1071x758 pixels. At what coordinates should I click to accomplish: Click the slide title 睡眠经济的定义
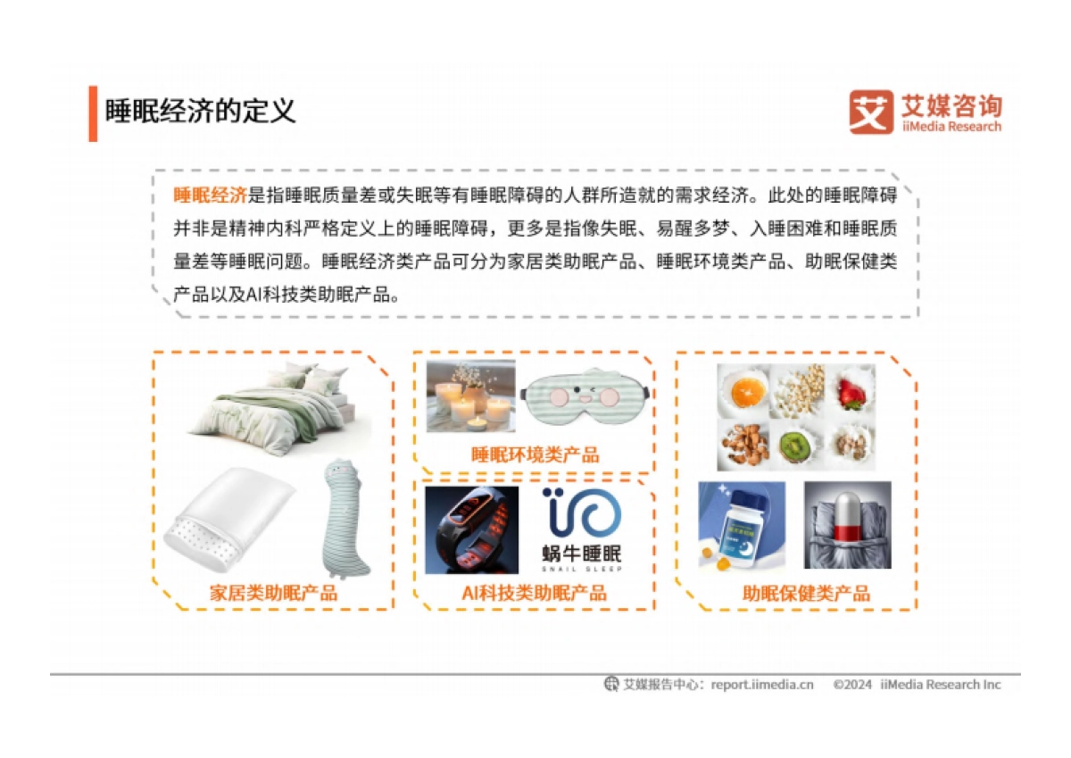pos(200,112)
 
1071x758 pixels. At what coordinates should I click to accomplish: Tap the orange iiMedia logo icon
pos(870,112)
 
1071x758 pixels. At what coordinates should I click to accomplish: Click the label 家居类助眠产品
pos(273,593)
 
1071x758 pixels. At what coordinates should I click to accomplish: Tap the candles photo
pos(470,396)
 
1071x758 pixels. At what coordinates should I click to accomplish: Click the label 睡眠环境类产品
pos(535,455)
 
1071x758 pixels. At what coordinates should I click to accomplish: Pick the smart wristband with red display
pos(471,529)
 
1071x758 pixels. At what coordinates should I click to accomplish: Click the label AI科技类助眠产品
pos(535,593)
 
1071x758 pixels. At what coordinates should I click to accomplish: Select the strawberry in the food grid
pos(849,391)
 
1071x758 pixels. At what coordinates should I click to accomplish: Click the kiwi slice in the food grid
pos(795,444)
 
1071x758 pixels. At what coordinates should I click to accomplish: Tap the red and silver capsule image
pos(847,525)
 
